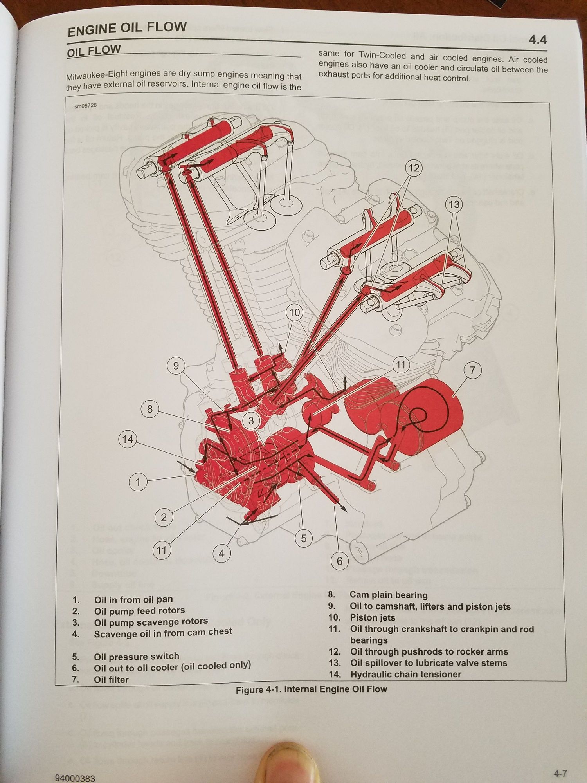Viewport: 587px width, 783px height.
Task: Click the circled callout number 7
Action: click(x=472, y=370)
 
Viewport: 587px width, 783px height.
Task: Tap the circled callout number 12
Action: click(x=414, y=168)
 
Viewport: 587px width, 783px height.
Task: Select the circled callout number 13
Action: click(x=454, y=204)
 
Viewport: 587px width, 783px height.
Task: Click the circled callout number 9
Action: click(x=176, y=366)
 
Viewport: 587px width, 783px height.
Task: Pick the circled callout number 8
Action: click(x=150, y=409)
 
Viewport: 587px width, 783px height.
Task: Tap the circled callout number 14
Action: click(x=128, y=439)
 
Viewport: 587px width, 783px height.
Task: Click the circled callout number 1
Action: click(x=138, y=482)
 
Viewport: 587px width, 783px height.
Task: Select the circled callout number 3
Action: click(x=251, y=421)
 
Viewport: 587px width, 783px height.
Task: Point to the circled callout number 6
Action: click(x=339, y=561)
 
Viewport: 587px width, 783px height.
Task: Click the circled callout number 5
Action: click(x=304, y=539)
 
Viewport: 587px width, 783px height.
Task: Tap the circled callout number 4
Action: click(x=222, y=554)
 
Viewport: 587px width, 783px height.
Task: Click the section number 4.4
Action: click(x=537, y=40)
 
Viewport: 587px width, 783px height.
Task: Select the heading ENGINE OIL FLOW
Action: click(x=127, y=29)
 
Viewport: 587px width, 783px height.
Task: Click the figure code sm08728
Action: click(x=85, y=106)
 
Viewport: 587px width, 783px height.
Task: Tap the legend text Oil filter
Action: click(x=111, y=680)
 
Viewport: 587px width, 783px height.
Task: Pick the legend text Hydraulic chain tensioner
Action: click(x=406, y=674)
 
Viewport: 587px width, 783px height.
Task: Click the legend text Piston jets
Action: click(x=373, y=618)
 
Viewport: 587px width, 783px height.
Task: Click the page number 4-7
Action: click(x=560, y=773)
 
